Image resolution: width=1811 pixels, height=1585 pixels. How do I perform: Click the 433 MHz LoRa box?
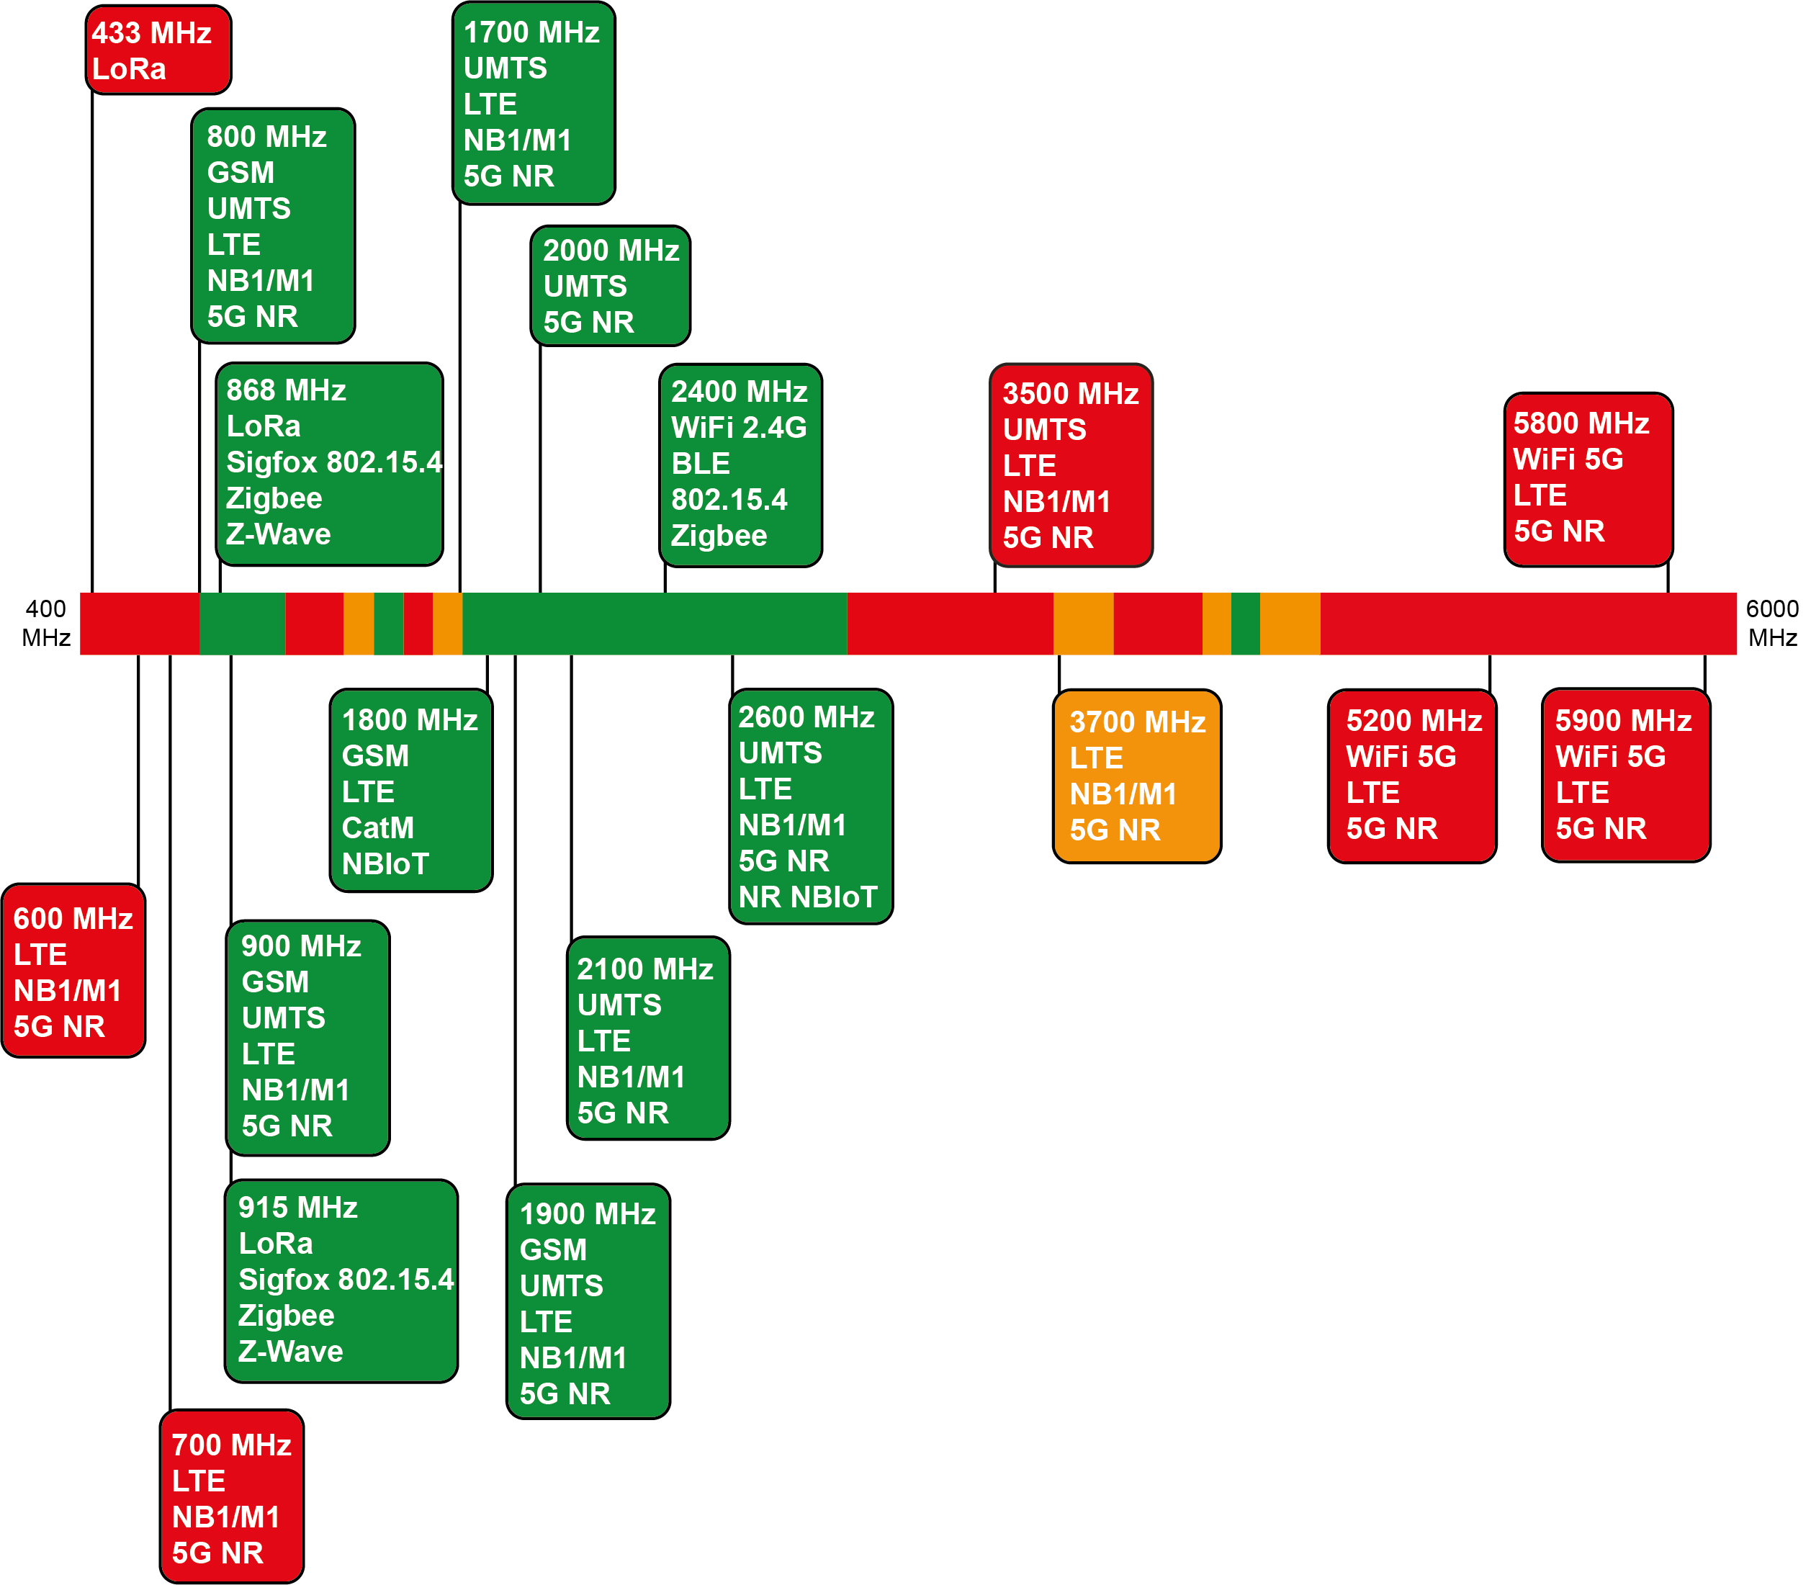(158, 50)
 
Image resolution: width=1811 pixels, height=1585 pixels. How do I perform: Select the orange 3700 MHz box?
(1137, 776)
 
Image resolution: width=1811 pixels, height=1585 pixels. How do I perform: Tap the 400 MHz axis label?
(46, 623)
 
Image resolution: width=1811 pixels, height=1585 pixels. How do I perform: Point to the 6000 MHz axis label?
(1772, 623)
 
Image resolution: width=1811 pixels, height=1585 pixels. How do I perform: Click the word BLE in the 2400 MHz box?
(701, 464)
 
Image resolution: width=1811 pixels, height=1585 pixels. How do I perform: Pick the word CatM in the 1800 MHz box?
(377, 828)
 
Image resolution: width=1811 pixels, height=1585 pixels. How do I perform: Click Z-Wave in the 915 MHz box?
(290, 1351)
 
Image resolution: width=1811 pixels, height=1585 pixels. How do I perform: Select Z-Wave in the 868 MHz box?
(279, 534)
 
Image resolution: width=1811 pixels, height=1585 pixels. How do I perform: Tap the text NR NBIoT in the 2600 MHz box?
(808, 897)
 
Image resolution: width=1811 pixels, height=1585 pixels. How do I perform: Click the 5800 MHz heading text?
(1581, 423)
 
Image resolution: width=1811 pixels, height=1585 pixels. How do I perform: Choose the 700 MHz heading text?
(232, 1445)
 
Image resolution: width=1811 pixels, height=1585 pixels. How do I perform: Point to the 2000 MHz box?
(610, 286)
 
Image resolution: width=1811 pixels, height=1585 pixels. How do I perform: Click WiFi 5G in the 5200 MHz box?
(1401, 756)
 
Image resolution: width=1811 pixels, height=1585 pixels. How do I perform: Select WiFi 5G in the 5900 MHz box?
(1610, 756)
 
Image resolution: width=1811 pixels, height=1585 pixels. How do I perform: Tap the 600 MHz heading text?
(73, 918)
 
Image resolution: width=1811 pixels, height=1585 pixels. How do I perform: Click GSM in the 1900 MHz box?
(554, 1249)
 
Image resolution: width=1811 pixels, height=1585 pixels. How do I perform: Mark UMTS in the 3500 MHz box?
(1044, 430)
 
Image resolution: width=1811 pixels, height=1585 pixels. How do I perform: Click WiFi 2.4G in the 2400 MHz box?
(740, 427)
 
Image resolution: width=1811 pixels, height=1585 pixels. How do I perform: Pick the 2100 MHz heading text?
(645, 969)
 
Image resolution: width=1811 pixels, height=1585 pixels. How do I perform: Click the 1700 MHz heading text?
(531, 32)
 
